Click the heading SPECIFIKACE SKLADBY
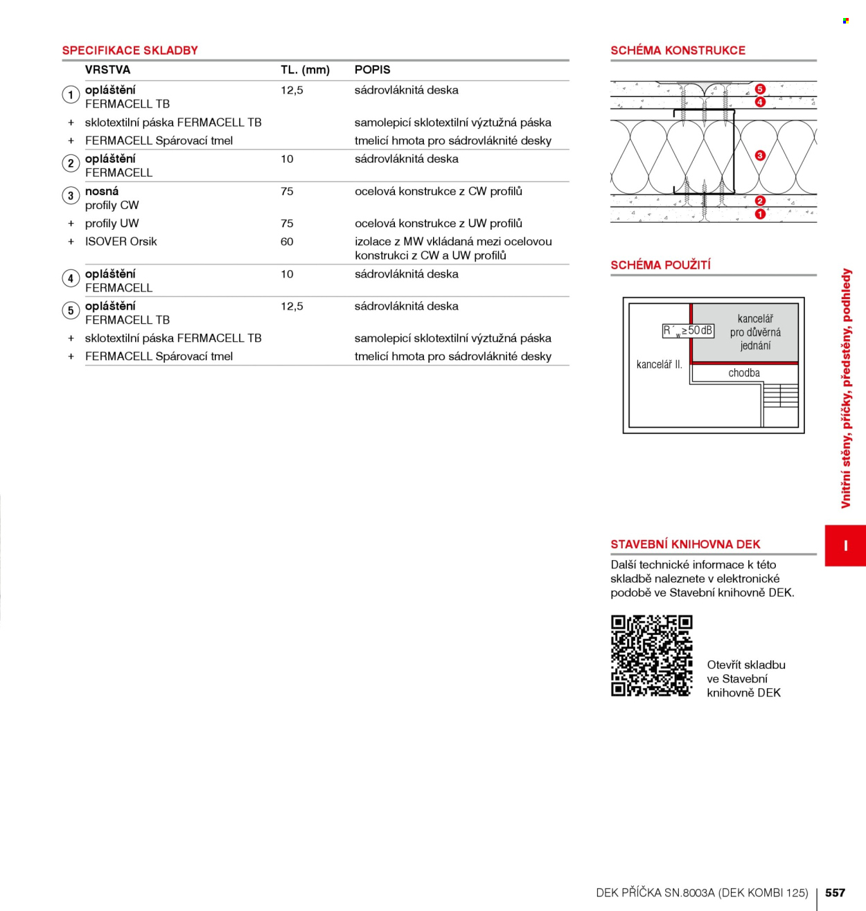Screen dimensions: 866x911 coord(130,51)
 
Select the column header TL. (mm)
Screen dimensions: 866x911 coord(305,70)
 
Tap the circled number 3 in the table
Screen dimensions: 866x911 coord(71,195)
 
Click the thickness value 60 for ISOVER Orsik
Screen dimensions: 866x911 coord(287,242)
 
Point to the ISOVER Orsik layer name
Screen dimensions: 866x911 coord(121,242)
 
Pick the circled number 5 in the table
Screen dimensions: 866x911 coord(71,310)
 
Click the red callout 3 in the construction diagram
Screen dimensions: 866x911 coord(760,155)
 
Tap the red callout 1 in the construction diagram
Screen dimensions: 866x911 coord(760,214)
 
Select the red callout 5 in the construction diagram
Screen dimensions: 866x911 coord(760,89)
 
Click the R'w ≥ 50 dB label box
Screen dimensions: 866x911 coord(688,331)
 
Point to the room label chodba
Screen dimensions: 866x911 coord(744,373)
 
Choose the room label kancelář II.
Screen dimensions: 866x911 coord(659,365)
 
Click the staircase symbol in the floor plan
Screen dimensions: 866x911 coord(781,395)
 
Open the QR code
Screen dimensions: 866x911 coord(652,656)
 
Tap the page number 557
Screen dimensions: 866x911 coord(835,892)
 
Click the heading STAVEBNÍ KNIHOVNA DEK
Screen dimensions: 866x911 coord(685,545)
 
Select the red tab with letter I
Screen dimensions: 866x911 coord(845,545)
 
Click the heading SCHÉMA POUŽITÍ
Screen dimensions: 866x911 coord(660,265)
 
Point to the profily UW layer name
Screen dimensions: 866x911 coord(112,224)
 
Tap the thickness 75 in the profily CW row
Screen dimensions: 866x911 coord(287,191)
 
